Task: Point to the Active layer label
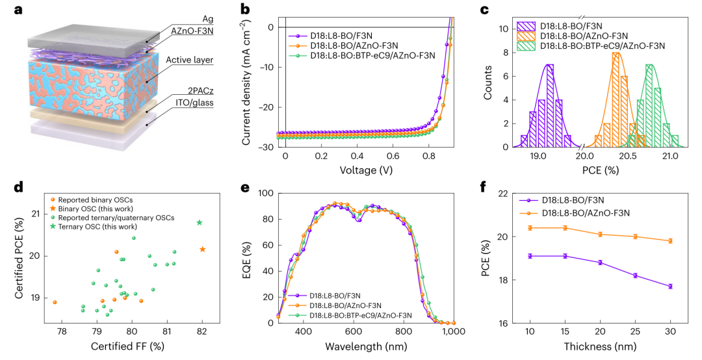coord(190,60)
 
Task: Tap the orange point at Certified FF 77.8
coord(55,302)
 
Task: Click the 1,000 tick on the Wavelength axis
coord(454,331)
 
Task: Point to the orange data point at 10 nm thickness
coord(530,227)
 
